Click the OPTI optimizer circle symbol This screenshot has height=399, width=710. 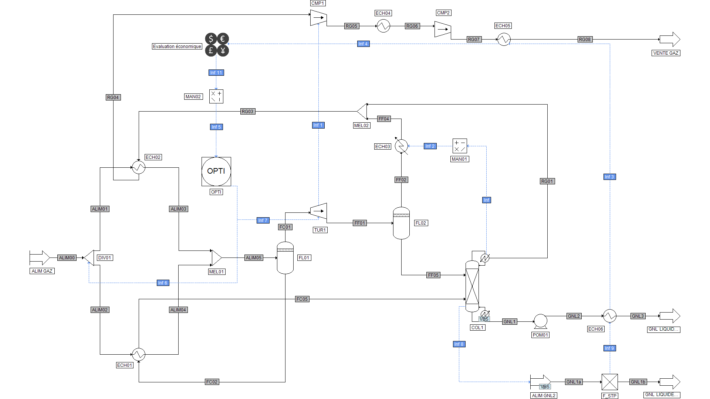[216, 171]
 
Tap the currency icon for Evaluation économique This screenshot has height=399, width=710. [217, 44]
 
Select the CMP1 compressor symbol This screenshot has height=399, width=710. [318, 17]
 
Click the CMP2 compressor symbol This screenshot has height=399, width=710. [442, 29]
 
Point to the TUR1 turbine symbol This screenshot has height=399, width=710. [318, 211]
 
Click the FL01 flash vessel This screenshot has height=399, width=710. [285, 258]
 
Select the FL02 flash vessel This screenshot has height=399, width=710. [401, 223]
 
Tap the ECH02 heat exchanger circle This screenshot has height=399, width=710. [139, 167]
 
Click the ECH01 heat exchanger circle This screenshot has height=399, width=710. [139, 354]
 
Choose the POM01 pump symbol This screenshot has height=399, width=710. [540, 321]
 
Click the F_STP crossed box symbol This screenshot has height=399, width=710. [609, 382]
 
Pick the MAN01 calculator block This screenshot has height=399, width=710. [460, 146]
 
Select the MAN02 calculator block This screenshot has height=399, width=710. [216, 96]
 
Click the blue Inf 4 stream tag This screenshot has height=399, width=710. [363, 44]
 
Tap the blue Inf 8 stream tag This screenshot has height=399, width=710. [459, 344]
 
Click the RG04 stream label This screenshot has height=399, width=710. [113, 98]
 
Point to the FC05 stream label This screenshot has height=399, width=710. [302, 299]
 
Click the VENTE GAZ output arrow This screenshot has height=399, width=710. [669, 39]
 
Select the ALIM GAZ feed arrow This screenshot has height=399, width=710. [40, 258]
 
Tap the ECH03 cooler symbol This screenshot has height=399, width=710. [401, 146]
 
